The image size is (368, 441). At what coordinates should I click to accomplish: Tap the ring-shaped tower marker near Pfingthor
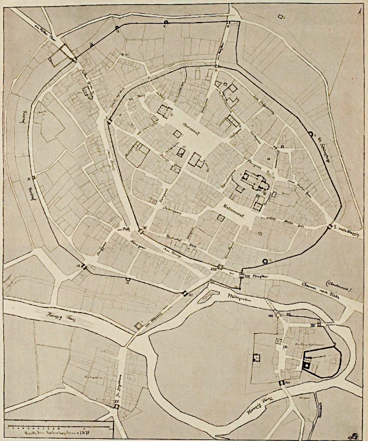267,261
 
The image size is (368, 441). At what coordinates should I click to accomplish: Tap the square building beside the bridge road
138,326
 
